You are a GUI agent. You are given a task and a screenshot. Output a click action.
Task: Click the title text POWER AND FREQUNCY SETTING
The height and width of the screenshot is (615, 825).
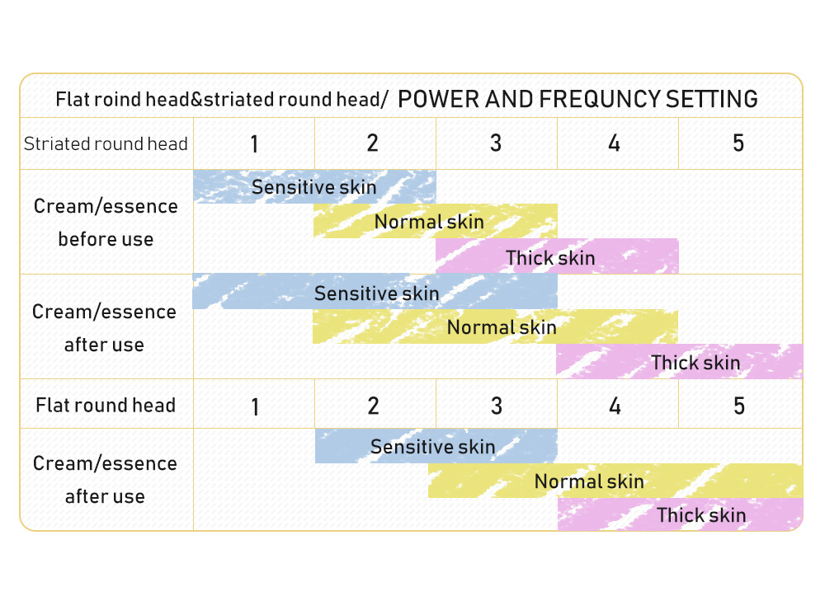click(577, 99)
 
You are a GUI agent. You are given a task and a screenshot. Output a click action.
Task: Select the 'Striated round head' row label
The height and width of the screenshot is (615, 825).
click(106, 143)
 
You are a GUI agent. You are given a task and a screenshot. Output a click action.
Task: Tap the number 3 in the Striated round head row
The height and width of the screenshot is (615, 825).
click(496, 143)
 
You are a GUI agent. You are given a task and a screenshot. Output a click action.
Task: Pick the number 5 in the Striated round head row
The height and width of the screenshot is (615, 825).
click(738, 143)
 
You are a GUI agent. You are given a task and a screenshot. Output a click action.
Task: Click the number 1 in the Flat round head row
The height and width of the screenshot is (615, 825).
click(255, 407)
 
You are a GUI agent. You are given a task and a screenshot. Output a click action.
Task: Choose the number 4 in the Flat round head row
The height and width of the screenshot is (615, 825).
click(615, 406)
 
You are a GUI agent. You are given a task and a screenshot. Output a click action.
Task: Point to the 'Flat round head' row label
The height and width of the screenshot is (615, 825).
click(106, 406)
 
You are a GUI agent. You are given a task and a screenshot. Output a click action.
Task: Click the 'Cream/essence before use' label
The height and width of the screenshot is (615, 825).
click(106, 223)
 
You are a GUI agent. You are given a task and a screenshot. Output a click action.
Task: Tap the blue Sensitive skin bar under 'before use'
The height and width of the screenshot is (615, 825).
click(314, 186)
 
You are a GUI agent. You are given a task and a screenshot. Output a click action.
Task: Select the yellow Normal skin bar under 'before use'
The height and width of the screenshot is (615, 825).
click(436, 221)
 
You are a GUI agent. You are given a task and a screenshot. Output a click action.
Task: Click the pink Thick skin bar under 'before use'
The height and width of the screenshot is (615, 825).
click(557, 256)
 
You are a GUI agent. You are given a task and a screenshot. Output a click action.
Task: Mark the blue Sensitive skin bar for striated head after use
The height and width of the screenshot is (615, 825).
click(375, 291)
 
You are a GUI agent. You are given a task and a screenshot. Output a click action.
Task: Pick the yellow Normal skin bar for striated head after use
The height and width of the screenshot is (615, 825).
click(495, 326)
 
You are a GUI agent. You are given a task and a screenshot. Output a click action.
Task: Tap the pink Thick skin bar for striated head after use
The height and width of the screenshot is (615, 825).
click(679, 362)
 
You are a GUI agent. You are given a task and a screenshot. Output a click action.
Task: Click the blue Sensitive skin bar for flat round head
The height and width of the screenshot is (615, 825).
click(436, 446)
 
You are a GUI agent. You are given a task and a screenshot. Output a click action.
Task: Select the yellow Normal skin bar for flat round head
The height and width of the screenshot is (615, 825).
click(615, 481)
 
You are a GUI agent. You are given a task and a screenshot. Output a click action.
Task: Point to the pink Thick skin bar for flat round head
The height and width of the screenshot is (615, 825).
click(681, 514)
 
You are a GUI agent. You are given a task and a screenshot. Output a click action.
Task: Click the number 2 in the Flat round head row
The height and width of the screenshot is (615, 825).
click(373, 406)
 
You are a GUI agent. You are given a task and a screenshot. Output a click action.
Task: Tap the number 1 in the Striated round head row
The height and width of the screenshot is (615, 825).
click(254, 143)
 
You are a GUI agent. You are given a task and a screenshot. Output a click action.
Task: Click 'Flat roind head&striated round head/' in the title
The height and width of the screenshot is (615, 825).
click(221, 100)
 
